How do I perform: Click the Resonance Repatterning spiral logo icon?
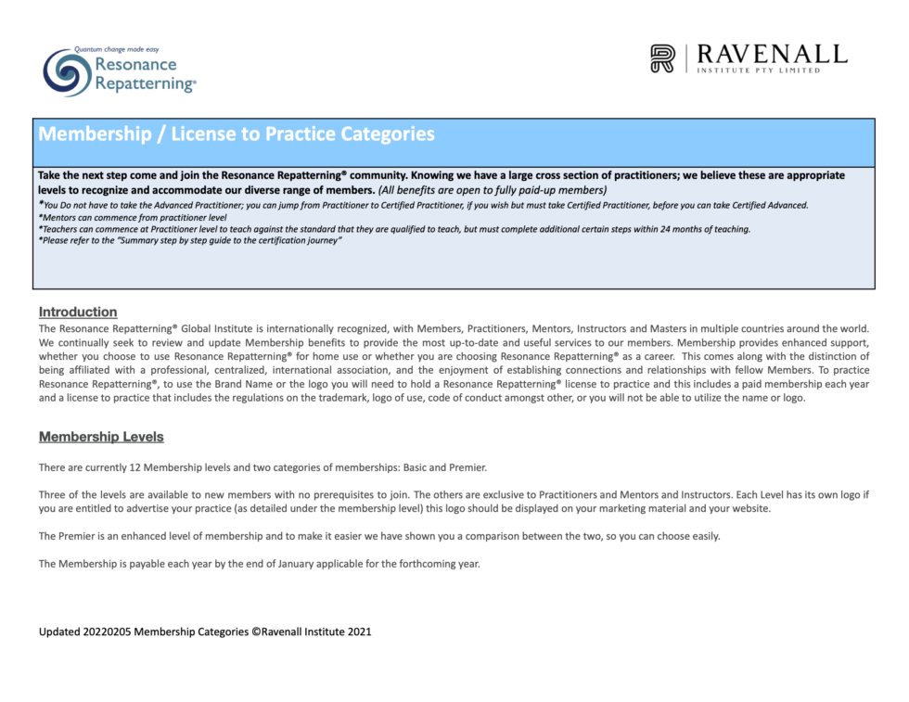(x=67, y=72)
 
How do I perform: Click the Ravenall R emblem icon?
(x=662, y=58)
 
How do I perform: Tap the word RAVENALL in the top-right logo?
(x=772, y=54)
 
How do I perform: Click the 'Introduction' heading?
(x=78, y=312)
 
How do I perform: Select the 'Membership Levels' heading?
(x=101, y=437)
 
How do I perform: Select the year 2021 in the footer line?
(x=359, y=632)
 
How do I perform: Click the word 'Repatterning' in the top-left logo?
(x=144, y=83)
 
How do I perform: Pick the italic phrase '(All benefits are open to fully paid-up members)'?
(x=493, y=189)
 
